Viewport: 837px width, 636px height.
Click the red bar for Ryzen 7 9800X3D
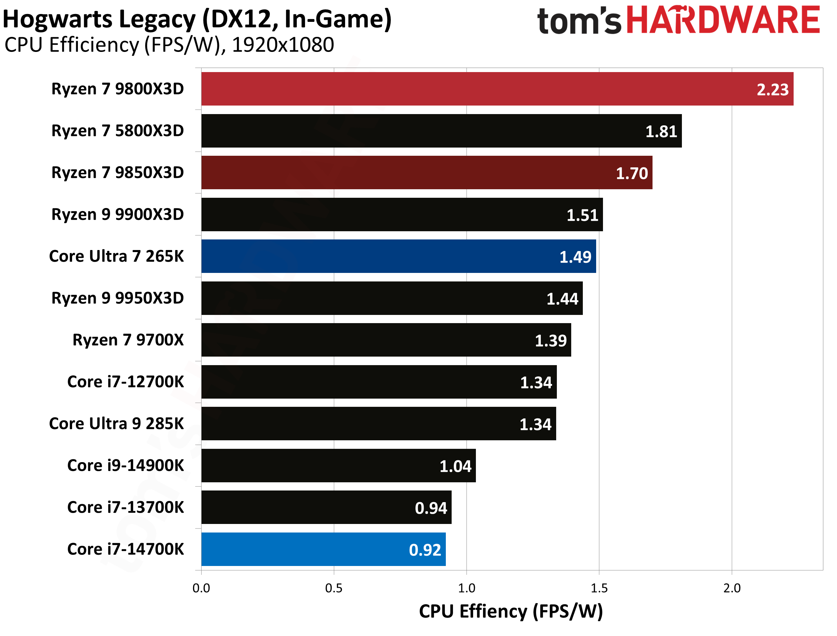[492, 89]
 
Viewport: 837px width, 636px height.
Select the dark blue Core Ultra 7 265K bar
[398, 256]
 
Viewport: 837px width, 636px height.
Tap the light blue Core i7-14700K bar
[322, 549]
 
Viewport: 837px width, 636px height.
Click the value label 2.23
[772, 90]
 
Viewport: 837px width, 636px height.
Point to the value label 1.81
[661, 132]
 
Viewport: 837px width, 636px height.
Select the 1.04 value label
[455, 466]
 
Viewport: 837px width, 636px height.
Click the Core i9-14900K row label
[125, 466]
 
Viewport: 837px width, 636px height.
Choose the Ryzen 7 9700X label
[128, 340]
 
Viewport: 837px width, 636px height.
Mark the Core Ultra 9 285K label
[116, 424]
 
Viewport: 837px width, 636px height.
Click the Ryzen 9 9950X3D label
[118, 298]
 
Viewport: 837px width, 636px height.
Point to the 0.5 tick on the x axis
[333, 588]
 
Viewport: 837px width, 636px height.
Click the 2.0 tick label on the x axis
[732, 588]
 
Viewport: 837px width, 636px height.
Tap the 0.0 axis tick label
[201, 588]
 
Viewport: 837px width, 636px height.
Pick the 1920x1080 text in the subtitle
[283, 45]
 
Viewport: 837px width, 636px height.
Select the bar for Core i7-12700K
[379, 382]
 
